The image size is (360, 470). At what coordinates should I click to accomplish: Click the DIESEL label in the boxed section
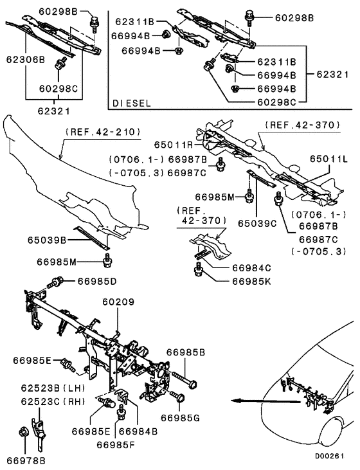(132, 104)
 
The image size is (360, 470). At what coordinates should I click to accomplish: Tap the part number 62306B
(26, 60)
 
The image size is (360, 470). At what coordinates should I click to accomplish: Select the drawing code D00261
(329, 456)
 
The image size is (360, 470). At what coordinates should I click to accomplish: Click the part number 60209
(118, 302)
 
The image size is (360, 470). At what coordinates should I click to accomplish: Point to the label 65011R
(174, 145)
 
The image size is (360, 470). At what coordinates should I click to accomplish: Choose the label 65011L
(328, 159)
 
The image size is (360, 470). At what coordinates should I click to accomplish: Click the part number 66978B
(26, 461)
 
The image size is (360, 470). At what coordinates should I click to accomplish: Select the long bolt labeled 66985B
(184, 379)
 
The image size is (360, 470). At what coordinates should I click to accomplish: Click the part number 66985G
(180, 418)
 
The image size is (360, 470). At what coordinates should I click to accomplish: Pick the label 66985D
(97, 281)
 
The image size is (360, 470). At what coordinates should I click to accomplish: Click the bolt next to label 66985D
(55, 283)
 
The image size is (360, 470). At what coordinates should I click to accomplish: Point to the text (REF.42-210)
(103, 132)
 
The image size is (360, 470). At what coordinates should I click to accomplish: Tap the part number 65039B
(47, 240)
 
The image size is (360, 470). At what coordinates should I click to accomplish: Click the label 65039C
(257, 224)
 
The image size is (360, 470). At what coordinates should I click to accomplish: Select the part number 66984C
(252, 267)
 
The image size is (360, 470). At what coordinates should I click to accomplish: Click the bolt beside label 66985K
(197, 269)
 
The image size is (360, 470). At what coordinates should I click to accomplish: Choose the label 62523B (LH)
(53, 388)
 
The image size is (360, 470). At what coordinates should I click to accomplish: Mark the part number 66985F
(116, 445)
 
